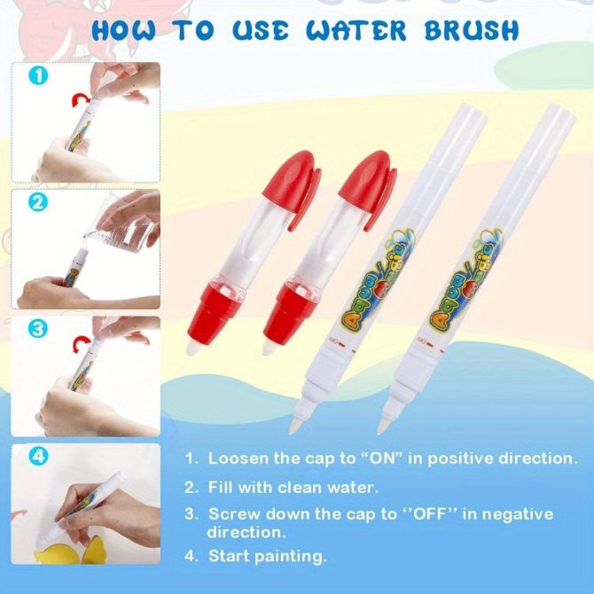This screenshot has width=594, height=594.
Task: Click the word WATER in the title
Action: click(x=356, y=30)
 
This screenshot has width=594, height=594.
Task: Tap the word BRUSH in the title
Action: click(x=472, y=30)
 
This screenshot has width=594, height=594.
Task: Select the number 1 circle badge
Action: click(x=38, y=75)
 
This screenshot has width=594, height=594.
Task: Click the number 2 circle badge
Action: click(x=38, y=202)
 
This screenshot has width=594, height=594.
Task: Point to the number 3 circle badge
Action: click(x=38, y=328)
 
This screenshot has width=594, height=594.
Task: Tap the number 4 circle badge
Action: click(x=38, y=456)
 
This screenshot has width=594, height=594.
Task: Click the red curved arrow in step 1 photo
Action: click(x=81, y=100)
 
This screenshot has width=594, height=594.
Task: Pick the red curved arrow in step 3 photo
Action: click(x=81, y=342)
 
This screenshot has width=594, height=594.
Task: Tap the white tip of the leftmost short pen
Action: click(x=192, y=347)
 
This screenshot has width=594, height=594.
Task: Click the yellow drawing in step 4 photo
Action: click(x=71, y=551)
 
